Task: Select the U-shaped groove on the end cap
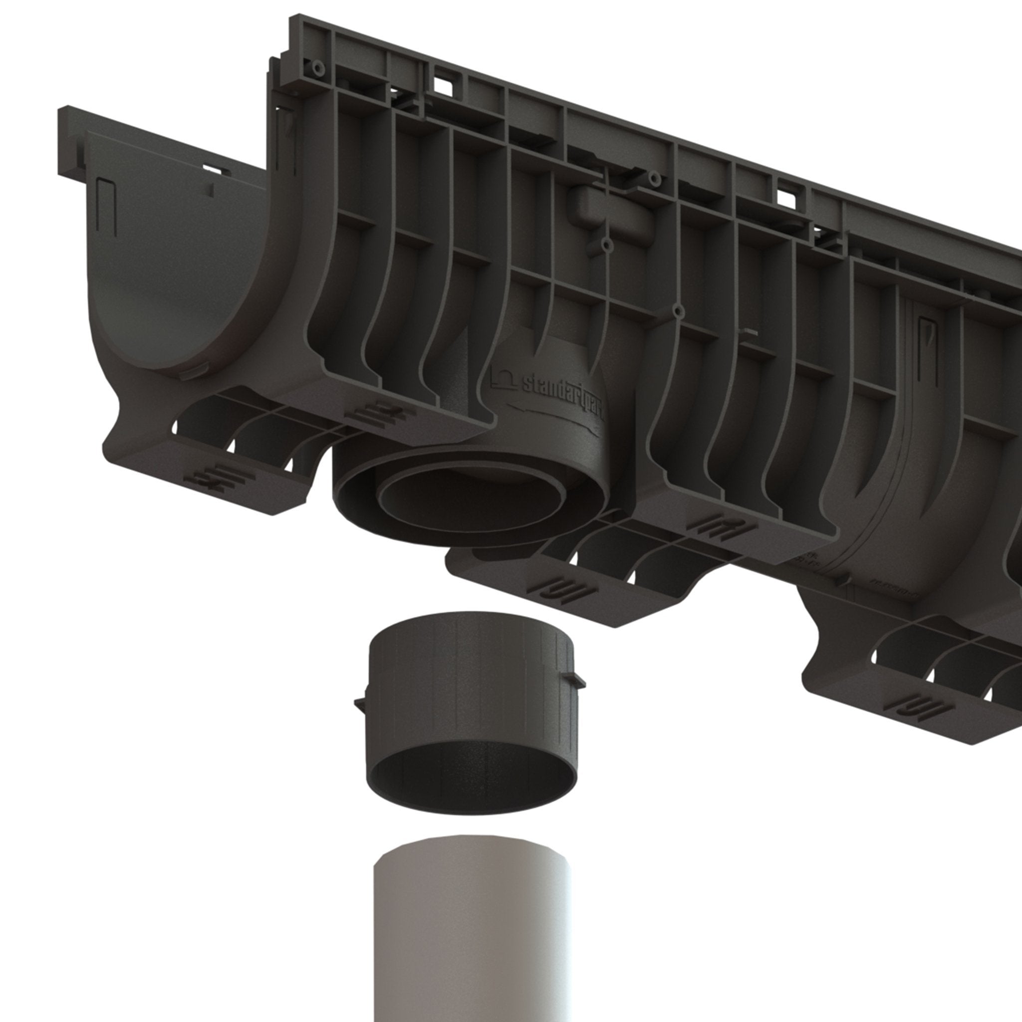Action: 106,206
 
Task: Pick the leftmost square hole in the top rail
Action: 443,87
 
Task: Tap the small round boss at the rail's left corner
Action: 317,68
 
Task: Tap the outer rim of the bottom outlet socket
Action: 344,497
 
